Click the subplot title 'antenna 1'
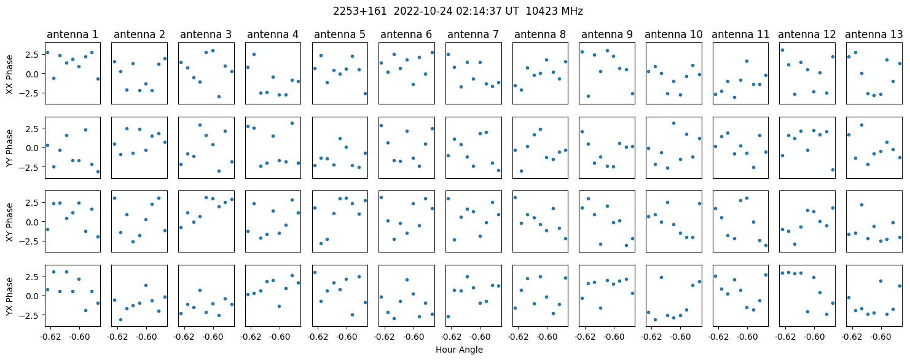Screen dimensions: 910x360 click(73, 35)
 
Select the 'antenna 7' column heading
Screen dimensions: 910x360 click(473, 35)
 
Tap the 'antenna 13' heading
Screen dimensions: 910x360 click(874, 35)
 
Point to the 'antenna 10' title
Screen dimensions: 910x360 click(673, 35)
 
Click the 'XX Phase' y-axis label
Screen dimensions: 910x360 click(10, 74)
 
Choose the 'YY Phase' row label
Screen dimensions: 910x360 click(10, 148)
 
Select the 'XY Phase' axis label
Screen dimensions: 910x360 click(10, 222)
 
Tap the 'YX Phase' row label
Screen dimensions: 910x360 click(10, 296)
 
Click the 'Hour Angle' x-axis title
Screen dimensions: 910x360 click(459, 350)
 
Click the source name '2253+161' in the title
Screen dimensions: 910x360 click(360, 12)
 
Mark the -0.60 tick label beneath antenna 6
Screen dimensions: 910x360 click(414, 337)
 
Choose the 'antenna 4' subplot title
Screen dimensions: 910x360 click(273, 35)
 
